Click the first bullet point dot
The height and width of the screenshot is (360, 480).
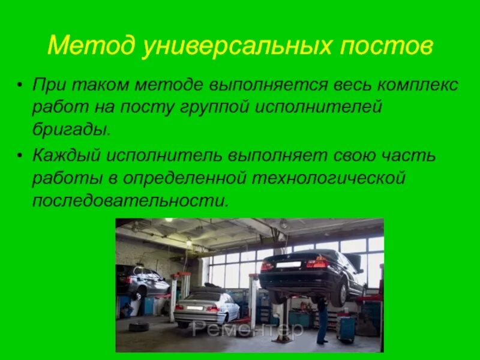[x=22, y=85]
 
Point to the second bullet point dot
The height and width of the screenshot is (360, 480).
[x=22, y=157]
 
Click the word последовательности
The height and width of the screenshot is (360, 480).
[x=130, y=200]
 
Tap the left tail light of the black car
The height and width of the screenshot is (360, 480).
[x=268, y=265]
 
